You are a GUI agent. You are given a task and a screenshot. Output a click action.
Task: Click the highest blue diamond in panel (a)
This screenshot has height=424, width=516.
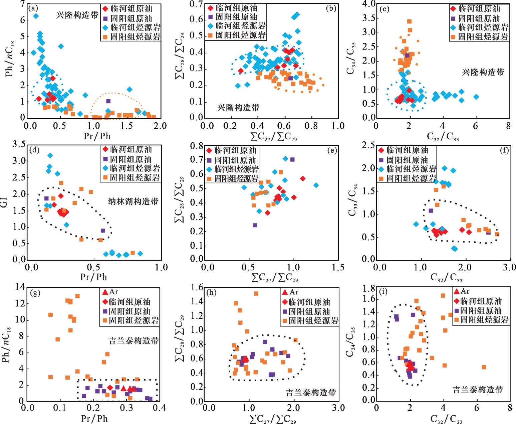[36, 16]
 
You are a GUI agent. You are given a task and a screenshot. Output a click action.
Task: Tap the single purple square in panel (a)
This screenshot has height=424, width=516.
[108, 101]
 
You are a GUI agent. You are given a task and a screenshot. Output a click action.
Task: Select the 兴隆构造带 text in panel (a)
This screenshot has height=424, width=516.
[77, 15]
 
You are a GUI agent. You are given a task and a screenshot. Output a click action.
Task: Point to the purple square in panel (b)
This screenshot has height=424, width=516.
[290, 78]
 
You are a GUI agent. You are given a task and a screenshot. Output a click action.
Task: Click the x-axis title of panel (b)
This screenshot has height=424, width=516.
[273, 136]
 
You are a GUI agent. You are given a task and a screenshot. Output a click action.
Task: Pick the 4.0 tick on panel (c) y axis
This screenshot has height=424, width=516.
[369, 4]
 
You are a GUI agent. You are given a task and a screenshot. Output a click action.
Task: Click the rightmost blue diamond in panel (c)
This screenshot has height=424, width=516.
[476, 97]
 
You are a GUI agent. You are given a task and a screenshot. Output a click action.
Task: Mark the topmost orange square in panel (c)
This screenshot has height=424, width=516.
[409, 22]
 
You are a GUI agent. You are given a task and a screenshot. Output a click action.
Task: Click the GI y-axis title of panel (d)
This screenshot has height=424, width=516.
[4, 202]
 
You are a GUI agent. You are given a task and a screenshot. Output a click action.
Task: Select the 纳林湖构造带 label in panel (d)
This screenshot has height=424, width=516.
[133, 201]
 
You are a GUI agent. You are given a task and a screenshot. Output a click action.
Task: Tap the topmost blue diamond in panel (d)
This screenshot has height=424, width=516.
[50, 155]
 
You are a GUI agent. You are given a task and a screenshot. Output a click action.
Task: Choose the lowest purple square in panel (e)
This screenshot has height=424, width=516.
[255, 225]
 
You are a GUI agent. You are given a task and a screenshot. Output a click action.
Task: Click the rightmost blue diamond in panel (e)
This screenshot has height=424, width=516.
[316, 185]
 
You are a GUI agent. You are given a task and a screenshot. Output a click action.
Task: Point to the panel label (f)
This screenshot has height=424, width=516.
[504, 150]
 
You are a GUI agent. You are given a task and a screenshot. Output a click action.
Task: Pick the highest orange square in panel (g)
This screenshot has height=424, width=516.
[77, 296]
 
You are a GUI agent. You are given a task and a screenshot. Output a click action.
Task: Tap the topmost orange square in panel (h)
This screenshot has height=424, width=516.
[256, 294]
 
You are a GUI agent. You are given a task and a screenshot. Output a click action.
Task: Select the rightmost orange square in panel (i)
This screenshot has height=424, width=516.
[484, 367]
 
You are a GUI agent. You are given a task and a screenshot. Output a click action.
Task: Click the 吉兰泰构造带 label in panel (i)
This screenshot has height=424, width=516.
[478, 389]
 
